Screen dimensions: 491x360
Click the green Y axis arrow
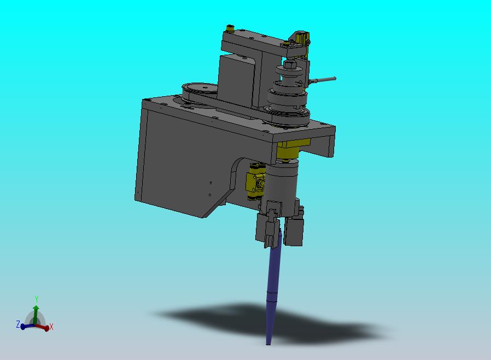coord(36,314)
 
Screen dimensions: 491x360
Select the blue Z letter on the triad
coord(18,324)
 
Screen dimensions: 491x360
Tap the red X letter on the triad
coord(51,327)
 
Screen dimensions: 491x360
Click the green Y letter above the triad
coord(36,298)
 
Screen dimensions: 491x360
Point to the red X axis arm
coord(42,327)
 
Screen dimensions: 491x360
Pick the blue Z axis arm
coord(27,326)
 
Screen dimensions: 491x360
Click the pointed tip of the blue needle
coord(268,344)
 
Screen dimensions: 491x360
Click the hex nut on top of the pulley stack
coord(289,65)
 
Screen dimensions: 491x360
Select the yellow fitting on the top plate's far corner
coord(230,29)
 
